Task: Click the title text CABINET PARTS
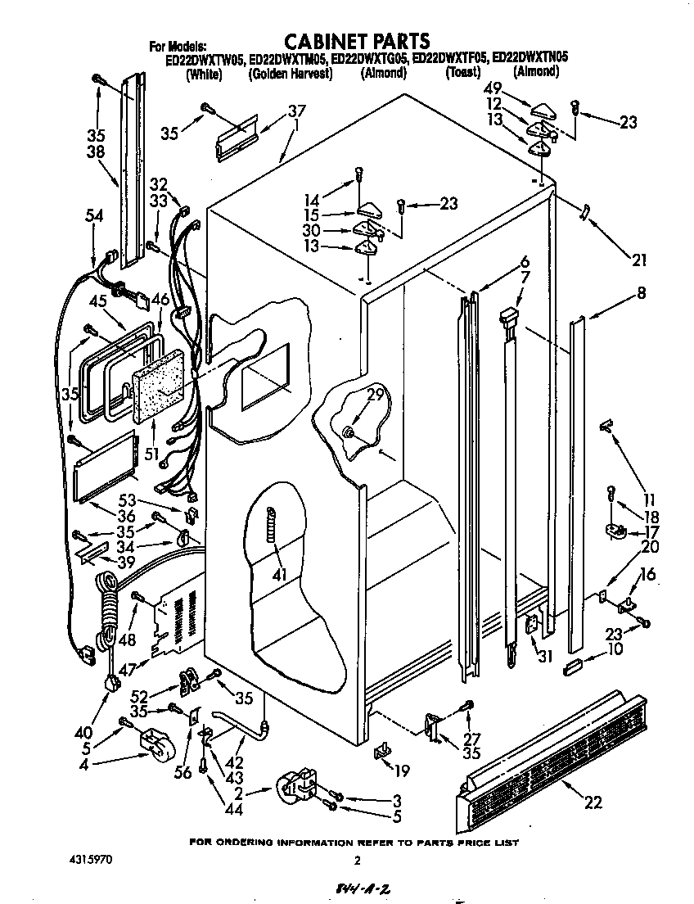click(356, 40)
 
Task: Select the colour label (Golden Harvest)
click(290, 73)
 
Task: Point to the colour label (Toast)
click(462, 73)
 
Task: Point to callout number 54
click(95, 215)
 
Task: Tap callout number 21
click(638, 261)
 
